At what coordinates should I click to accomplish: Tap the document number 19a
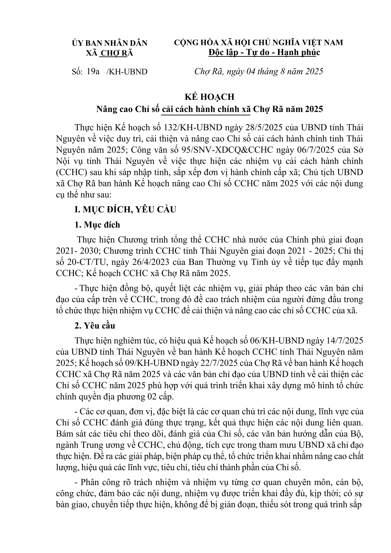pyautogui.click(x=93, y=72)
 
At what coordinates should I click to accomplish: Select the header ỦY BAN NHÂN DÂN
pyautogui.click(x=110, y=43)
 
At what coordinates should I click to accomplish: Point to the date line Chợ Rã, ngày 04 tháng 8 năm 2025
pyautogui.click(x=259, y=72)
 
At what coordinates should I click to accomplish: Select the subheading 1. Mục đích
pyautogui.click(x=97, y=225)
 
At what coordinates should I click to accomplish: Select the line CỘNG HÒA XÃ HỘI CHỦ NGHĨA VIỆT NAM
pyautogui.click(x=258, y=43)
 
